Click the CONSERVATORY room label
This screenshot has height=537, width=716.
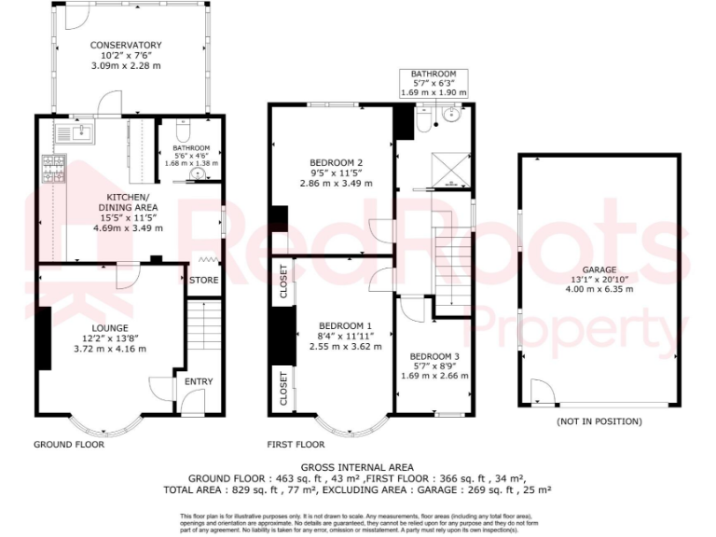point(125,45)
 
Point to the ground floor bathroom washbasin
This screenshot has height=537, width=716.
point(197,172)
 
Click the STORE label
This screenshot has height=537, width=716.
point(203,280)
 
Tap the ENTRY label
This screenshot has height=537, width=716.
point(198,381)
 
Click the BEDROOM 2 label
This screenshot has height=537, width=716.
point(336,162)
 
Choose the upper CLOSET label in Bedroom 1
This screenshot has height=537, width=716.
point(284,282)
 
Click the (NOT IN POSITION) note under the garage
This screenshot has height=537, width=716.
point(599,421)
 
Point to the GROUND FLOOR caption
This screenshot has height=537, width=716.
point(69,445)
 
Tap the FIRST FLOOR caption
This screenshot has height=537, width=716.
point(296,445)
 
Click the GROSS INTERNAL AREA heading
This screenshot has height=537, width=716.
point(357,467)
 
